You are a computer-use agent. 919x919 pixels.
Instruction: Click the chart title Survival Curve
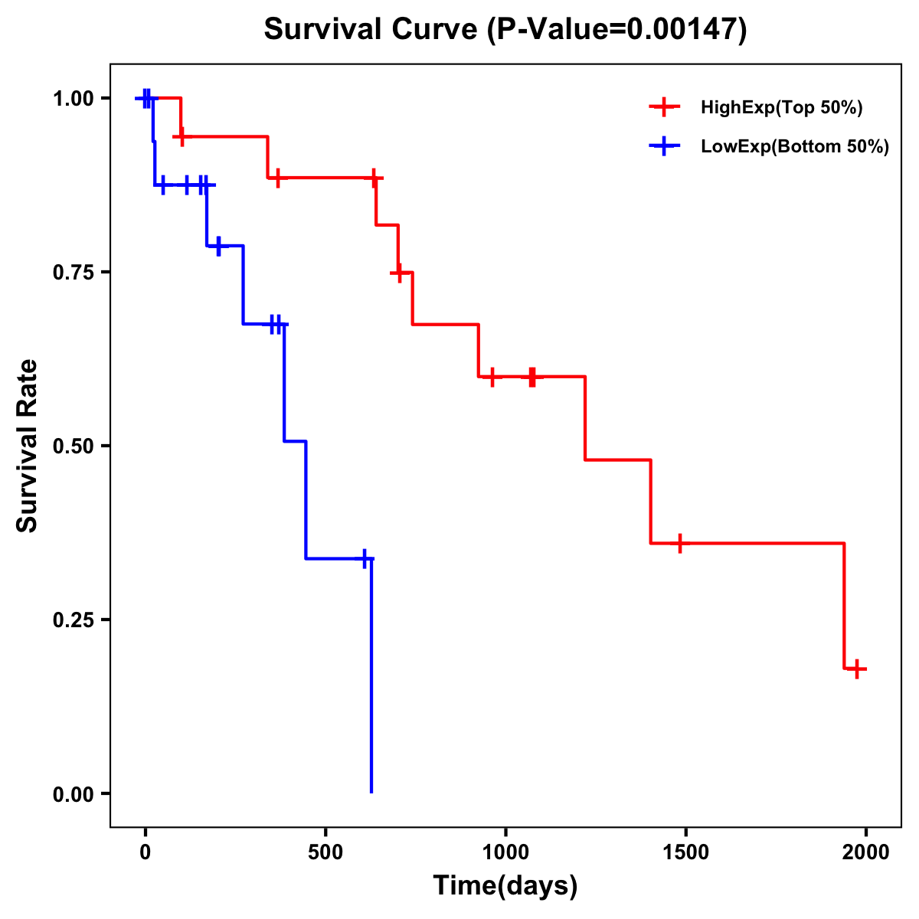tap(372, 30)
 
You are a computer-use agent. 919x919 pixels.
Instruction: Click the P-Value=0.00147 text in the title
tap(617, 30)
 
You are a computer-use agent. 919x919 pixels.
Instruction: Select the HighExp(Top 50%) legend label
tap(782, 108)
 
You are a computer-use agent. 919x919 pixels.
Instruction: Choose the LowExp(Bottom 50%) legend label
tap(795, 147)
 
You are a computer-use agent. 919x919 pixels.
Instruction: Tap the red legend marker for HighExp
tap(664, 107)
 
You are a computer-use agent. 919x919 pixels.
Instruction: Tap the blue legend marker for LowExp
tap(664, 146)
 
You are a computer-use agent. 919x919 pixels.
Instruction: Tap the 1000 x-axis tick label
tap(505, 852)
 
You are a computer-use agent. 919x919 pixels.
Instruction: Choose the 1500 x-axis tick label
tap(685, 852)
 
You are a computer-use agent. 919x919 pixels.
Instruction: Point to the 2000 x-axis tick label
tap(866, 852)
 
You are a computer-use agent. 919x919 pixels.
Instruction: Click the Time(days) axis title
tap(505, 886)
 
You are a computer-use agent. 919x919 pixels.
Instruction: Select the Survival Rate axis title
tap(28, 446)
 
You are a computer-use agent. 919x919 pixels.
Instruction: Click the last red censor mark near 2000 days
tap(857, 669)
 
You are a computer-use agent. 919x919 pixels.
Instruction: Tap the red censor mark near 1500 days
tap(679, 543)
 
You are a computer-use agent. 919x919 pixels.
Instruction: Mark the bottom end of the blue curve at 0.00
tap(371, 792)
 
